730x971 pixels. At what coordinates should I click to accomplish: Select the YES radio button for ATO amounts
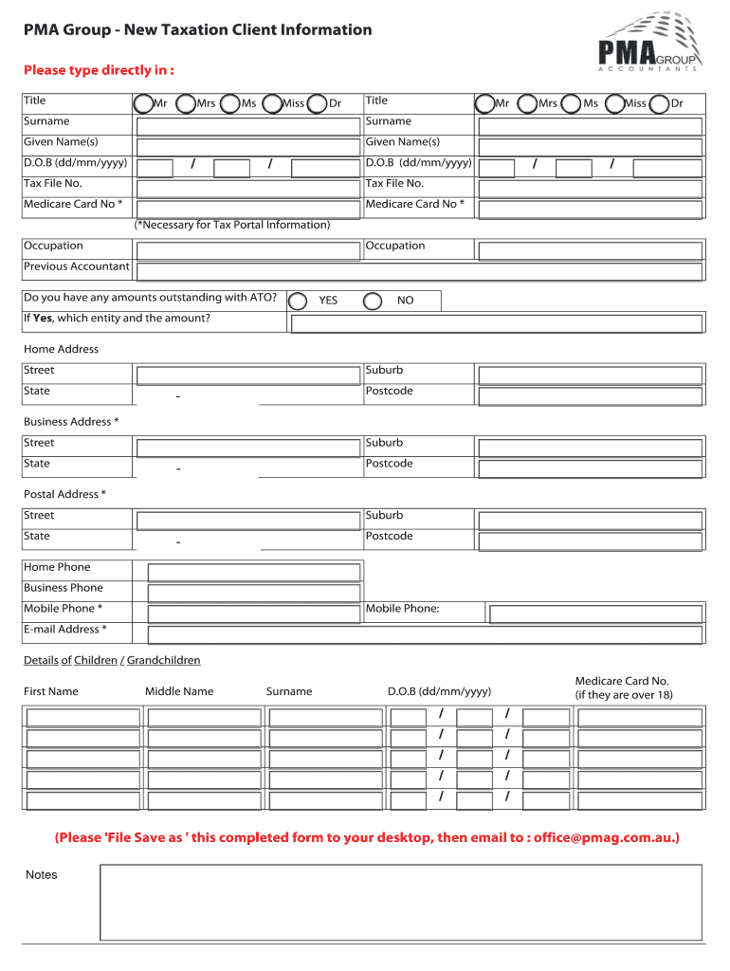298,302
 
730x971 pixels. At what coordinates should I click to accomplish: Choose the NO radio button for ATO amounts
374,302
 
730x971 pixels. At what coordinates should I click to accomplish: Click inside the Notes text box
400,902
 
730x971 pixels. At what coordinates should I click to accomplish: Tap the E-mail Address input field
425,634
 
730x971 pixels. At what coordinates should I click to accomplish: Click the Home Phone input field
254,572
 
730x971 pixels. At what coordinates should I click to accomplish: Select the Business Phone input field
254,593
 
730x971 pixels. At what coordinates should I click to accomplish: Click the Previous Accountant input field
419,271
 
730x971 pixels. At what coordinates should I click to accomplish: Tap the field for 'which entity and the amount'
496,323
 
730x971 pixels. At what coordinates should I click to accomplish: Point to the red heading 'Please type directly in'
99,70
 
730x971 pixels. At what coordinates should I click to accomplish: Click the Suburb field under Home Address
590,376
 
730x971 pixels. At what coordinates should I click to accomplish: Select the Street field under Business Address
249,448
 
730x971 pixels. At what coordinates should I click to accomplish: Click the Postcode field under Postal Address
590,541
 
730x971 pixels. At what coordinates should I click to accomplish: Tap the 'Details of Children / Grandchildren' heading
112,660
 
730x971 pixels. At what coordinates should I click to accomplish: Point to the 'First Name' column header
51,691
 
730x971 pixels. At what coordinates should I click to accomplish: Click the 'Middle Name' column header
179,691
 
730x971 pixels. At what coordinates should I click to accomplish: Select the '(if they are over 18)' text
624,695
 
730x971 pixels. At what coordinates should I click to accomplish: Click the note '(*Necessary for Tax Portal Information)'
232,225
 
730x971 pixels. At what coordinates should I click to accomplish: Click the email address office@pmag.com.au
603,837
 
